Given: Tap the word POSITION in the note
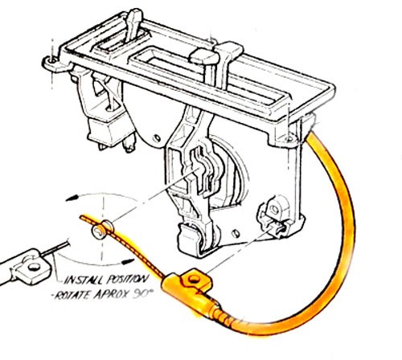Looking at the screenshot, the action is [x=127, y=279].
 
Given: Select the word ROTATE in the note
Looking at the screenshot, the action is [x=72, y=295].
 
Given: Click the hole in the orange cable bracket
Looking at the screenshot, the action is [x=193, y=280].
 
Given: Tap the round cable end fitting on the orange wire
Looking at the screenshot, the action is [x=97, y=231].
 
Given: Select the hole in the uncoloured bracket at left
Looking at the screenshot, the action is [x=34, y=267].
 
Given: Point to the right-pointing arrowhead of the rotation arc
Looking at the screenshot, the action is [x=128, y=261].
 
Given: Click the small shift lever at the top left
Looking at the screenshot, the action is [x=133, y=24].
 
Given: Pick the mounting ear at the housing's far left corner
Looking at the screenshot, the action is [x=52, y=62].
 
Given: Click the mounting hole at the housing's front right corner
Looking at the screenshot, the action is [x=289, y=139].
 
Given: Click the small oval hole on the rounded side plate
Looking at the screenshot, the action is [x=157, y=138].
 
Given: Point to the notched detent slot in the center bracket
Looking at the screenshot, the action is [x=199, y=171].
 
